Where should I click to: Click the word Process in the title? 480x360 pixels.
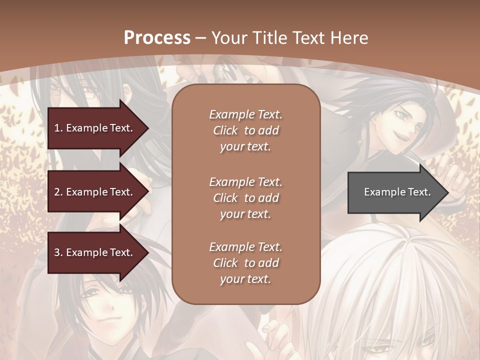click(157, 38)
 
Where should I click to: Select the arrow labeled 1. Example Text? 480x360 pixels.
click(95, 128)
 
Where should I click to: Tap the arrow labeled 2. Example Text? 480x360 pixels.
click(95, 192)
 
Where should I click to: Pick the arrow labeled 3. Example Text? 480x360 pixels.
click(95, 252)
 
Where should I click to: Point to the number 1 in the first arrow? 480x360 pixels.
click(57, 128)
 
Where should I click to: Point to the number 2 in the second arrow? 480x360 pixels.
click(57, 192)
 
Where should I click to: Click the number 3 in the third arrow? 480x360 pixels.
click(57, 252)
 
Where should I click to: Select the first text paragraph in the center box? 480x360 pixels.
click(245, 130)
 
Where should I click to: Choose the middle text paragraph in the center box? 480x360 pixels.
click(245, 197)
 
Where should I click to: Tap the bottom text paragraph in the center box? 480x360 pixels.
click(245, 263)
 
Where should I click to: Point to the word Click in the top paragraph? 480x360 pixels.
click(225, 130)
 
